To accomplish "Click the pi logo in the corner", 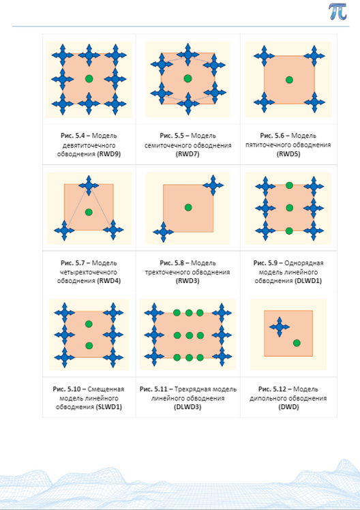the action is point(337,12).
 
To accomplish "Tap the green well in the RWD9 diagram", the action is point(89,78).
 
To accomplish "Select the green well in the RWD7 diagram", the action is point(187,78).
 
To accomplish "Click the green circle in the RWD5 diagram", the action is point(289,80).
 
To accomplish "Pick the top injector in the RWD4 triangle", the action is point(89,185).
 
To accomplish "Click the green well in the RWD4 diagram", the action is point(89,212).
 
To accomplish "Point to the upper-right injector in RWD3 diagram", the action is point(213,185).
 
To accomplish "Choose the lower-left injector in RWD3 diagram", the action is point(163,232).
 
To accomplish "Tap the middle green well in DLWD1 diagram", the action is point(289,208).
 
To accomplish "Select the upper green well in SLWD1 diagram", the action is point(89,324).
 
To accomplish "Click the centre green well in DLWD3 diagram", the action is point(189,335).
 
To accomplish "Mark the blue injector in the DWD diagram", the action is point(280,327).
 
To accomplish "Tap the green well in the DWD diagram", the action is point(297,343).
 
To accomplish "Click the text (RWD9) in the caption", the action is point(109,154).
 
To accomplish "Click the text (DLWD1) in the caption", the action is point(309,281).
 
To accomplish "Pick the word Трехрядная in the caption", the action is point(191,389).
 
